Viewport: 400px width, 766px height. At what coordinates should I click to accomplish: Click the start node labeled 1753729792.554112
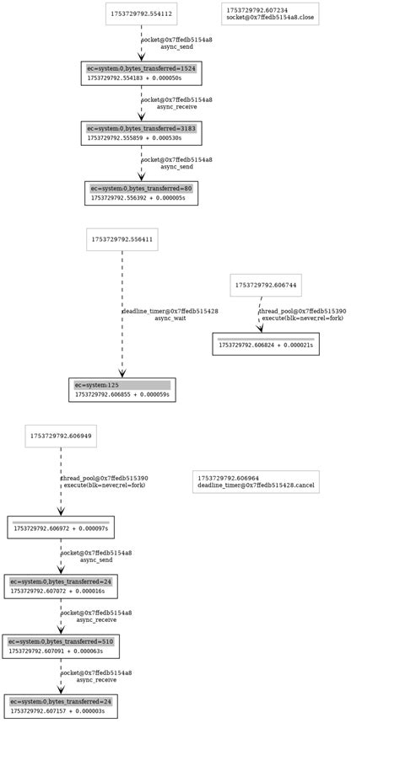click(141, 14)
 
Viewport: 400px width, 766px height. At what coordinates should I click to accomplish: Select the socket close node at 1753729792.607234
click(270, 14)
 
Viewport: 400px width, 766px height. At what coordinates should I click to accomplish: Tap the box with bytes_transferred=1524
click(141, 73)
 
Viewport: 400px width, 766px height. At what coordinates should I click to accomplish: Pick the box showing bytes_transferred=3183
click(141, 133)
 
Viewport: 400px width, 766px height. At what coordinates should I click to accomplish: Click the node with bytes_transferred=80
click(141, 193)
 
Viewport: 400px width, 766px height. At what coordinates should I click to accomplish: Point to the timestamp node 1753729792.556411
click(122, 239)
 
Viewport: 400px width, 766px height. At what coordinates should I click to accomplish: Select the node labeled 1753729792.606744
click(265, 286)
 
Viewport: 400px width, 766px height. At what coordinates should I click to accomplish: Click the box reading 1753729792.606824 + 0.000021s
click(265, 344)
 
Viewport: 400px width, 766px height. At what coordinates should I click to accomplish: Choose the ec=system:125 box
click(122, 390)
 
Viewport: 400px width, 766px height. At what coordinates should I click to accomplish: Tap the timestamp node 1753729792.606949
click(61, 437)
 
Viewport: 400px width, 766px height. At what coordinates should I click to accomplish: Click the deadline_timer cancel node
click(256, 482)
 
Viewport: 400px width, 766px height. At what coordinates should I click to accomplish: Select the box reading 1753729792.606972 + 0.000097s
click(61, 528)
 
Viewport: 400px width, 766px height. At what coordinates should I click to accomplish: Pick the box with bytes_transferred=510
click(61, 646)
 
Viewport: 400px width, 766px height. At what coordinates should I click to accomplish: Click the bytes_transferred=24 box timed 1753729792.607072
click(61, 587)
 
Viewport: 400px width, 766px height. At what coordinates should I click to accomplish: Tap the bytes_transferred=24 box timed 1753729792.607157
click(61, 706)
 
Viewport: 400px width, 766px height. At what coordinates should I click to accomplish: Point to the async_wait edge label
click(170, 315)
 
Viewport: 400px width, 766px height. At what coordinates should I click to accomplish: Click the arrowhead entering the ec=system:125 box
click(122, 372)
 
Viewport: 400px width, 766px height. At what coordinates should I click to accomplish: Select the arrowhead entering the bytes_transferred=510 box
click(61, 629)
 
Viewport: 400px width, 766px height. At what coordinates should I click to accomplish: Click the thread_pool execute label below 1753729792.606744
click(302, 315)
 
